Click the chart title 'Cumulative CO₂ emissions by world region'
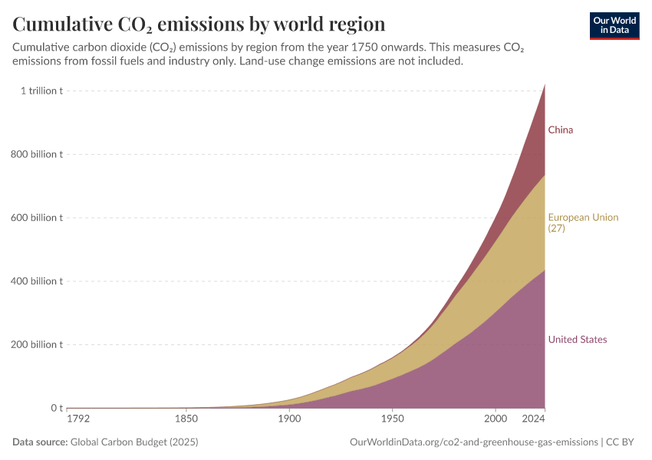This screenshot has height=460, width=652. tap(199, 24)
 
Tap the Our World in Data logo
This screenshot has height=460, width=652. tap(614, 25)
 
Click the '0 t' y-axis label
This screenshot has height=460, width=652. tap(56, 408)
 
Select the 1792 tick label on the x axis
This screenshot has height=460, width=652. tap(79, 419)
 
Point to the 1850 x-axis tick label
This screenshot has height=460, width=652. tap(186, 419)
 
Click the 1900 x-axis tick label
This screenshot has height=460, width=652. tap(289, 419)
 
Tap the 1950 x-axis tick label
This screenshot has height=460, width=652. tap(393, 419)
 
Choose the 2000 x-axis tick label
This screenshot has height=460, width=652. tap(496, 419)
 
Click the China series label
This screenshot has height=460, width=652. tap(560, 130)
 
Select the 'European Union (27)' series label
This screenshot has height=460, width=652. tap(582, 222)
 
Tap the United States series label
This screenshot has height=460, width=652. tap(577, 340)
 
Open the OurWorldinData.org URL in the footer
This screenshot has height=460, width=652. tap(473, 442)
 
